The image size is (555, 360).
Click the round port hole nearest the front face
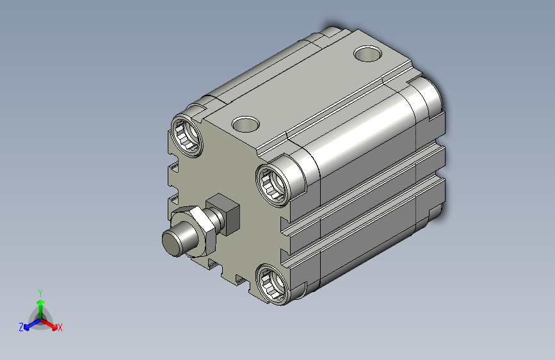coord(246,124)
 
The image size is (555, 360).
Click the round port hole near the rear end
coord(367,54)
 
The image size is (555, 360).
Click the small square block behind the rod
coord(223,214)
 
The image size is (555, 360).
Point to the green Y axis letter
coord(40,293)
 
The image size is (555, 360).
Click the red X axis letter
coord(60,327)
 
